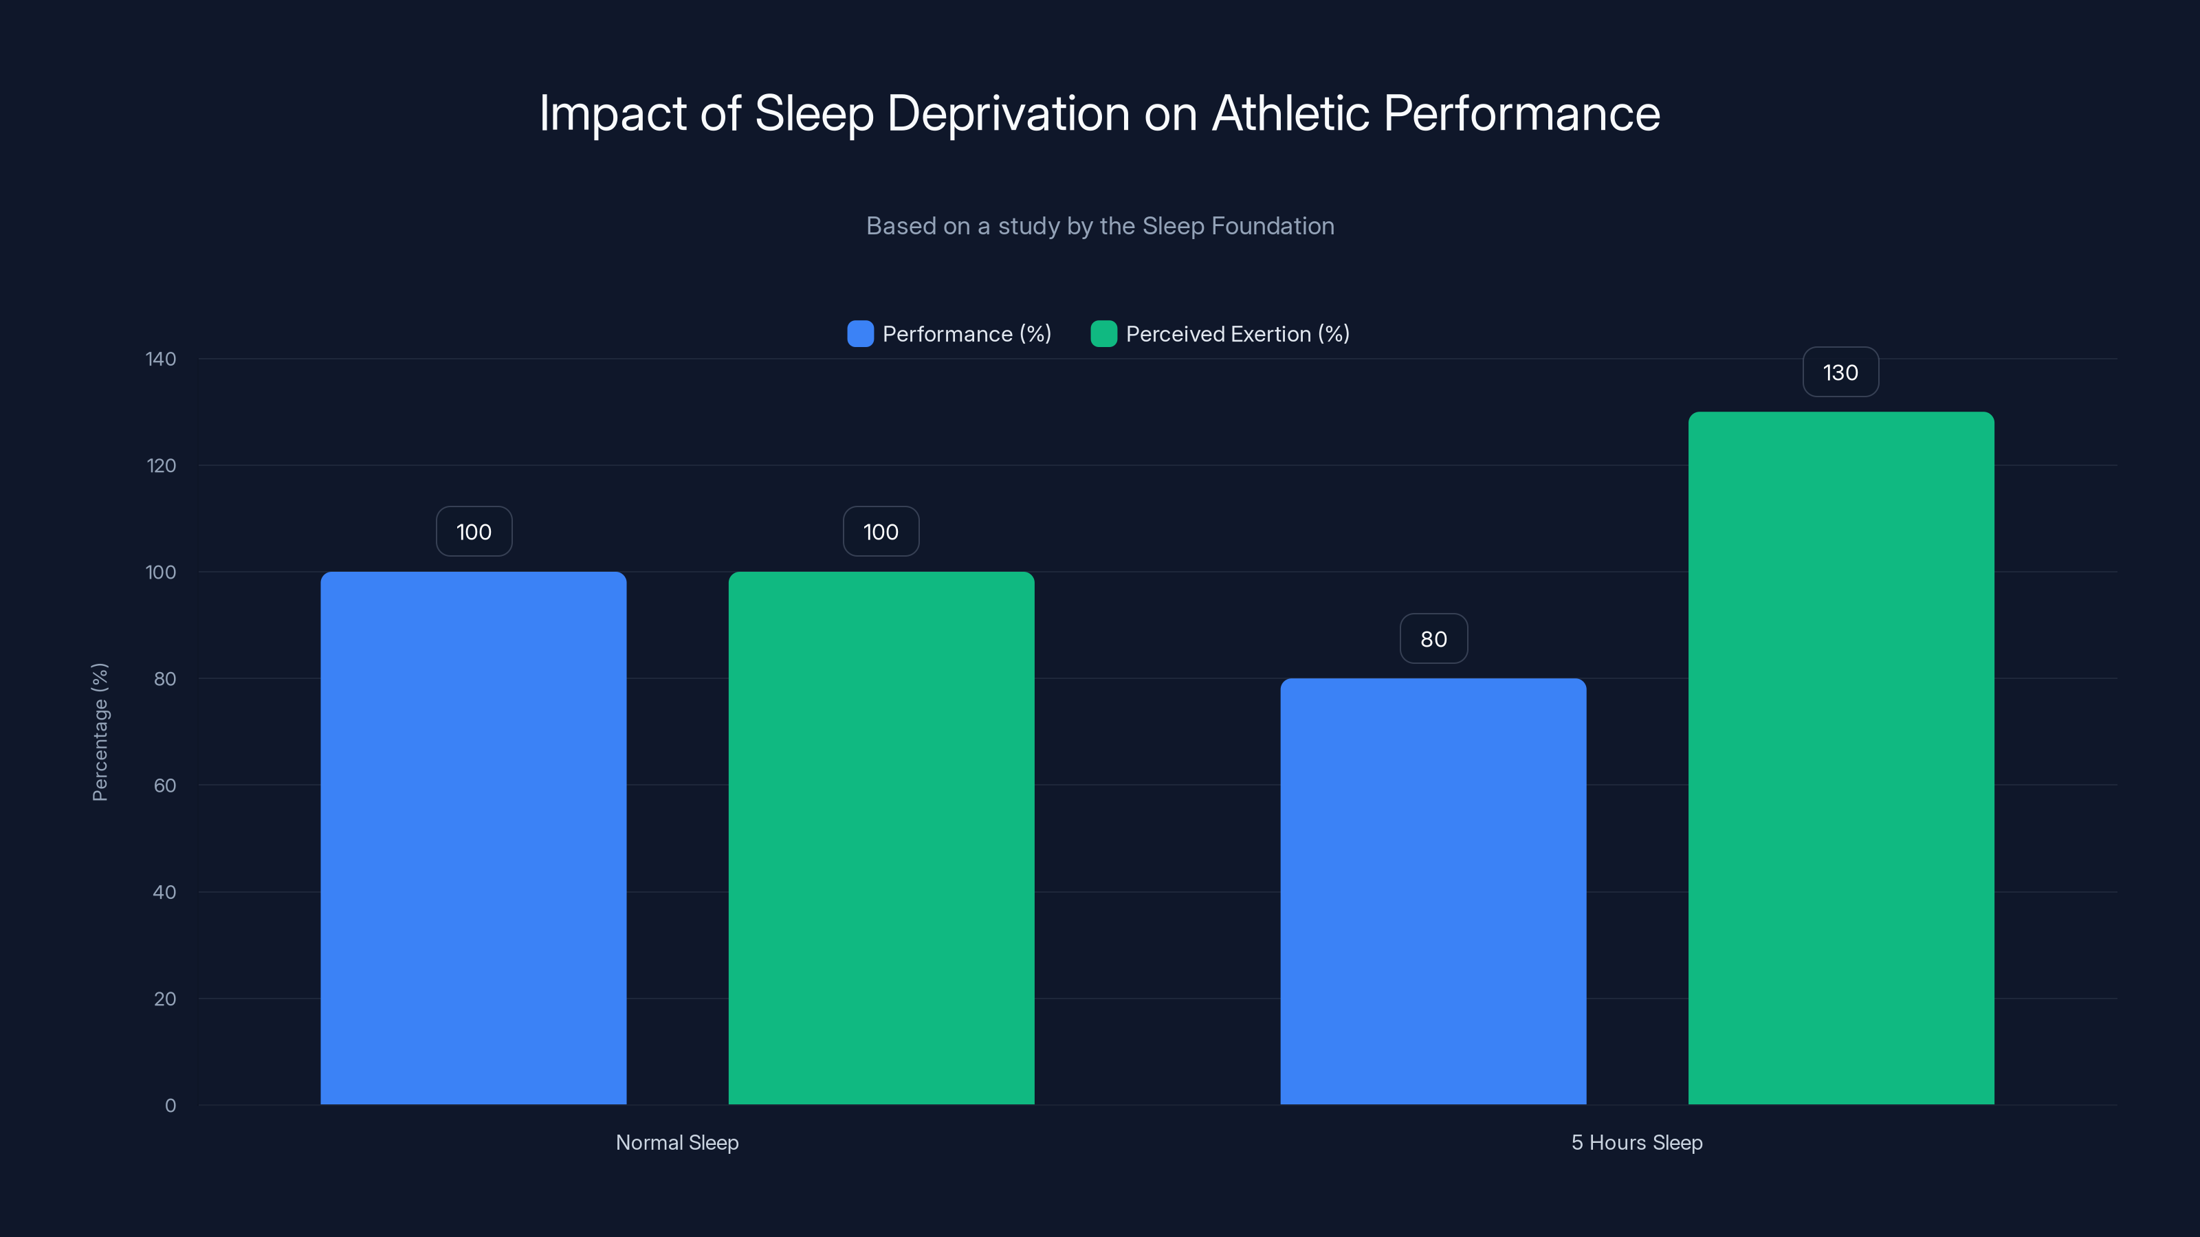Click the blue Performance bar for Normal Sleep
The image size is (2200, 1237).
tap(473, 836)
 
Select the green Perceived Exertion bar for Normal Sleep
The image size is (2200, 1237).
tap(881, 836)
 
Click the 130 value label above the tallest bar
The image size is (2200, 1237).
tap(1840, 372)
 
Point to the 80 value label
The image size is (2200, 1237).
tap(1433, 638)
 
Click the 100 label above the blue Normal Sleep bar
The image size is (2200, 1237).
tap(474, 532)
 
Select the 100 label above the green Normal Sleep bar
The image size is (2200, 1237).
tap(881, 532)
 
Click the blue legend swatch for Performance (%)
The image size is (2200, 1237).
tap(860, 334)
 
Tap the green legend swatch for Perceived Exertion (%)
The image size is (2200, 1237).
tap(1103, 334)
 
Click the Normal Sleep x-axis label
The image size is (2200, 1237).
tap(676, 1142)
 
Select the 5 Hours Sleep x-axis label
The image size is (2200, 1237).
tap(1636, 1142)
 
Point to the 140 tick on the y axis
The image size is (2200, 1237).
tap(161, 359)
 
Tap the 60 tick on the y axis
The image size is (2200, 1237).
tap(165, 785)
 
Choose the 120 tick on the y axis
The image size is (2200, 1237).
tap(161, 465)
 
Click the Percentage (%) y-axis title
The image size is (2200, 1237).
tap(100, 732)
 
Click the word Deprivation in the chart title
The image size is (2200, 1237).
tap(1008, 113)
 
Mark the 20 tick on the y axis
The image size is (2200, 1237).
tap(165, 999)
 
